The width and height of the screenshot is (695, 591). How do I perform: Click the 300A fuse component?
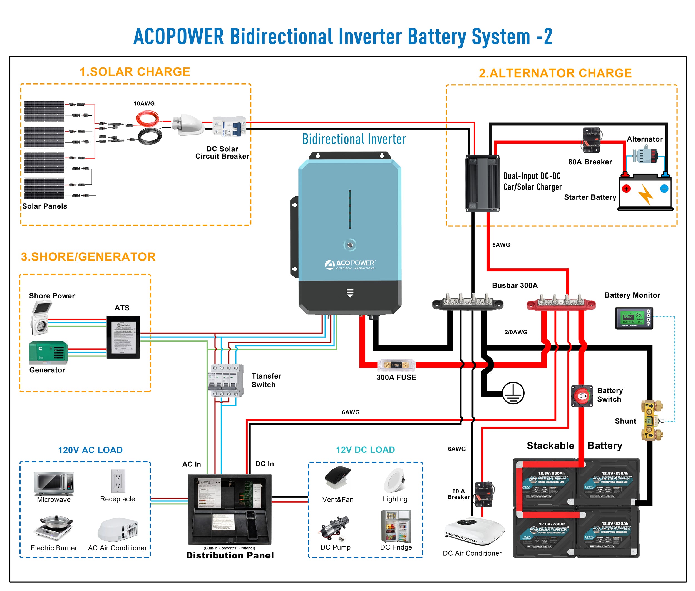(x=396, y=365)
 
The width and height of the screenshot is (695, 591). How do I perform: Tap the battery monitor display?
(x=634, y=318)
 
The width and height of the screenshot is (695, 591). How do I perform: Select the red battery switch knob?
(x=582, y=396)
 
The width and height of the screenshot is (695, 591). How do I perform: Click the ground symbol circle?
(x=513, y=393)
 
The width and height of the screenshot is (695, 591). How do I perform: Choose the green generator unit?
(x=48, y=352)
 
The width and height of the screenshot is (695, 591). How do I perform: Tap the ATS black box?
(x=123, y=337)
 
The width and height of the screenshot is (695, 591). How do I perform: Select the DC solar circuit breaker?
(x=229, y=126)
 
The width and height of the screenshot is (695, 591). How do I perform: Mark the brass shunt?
(x=650, y=420)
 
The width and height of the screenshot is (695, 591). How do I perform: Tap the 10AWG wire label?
(x=144, y=103)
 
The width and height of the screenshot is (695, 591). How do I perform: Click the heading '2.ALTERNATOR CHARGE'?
(x=555, y=73)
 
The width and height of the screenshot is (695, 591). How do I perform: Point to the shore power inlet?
(x=41, y=317)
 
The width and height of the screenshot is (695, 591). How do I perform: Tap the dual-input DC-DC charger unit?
(x=482, y=183)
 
